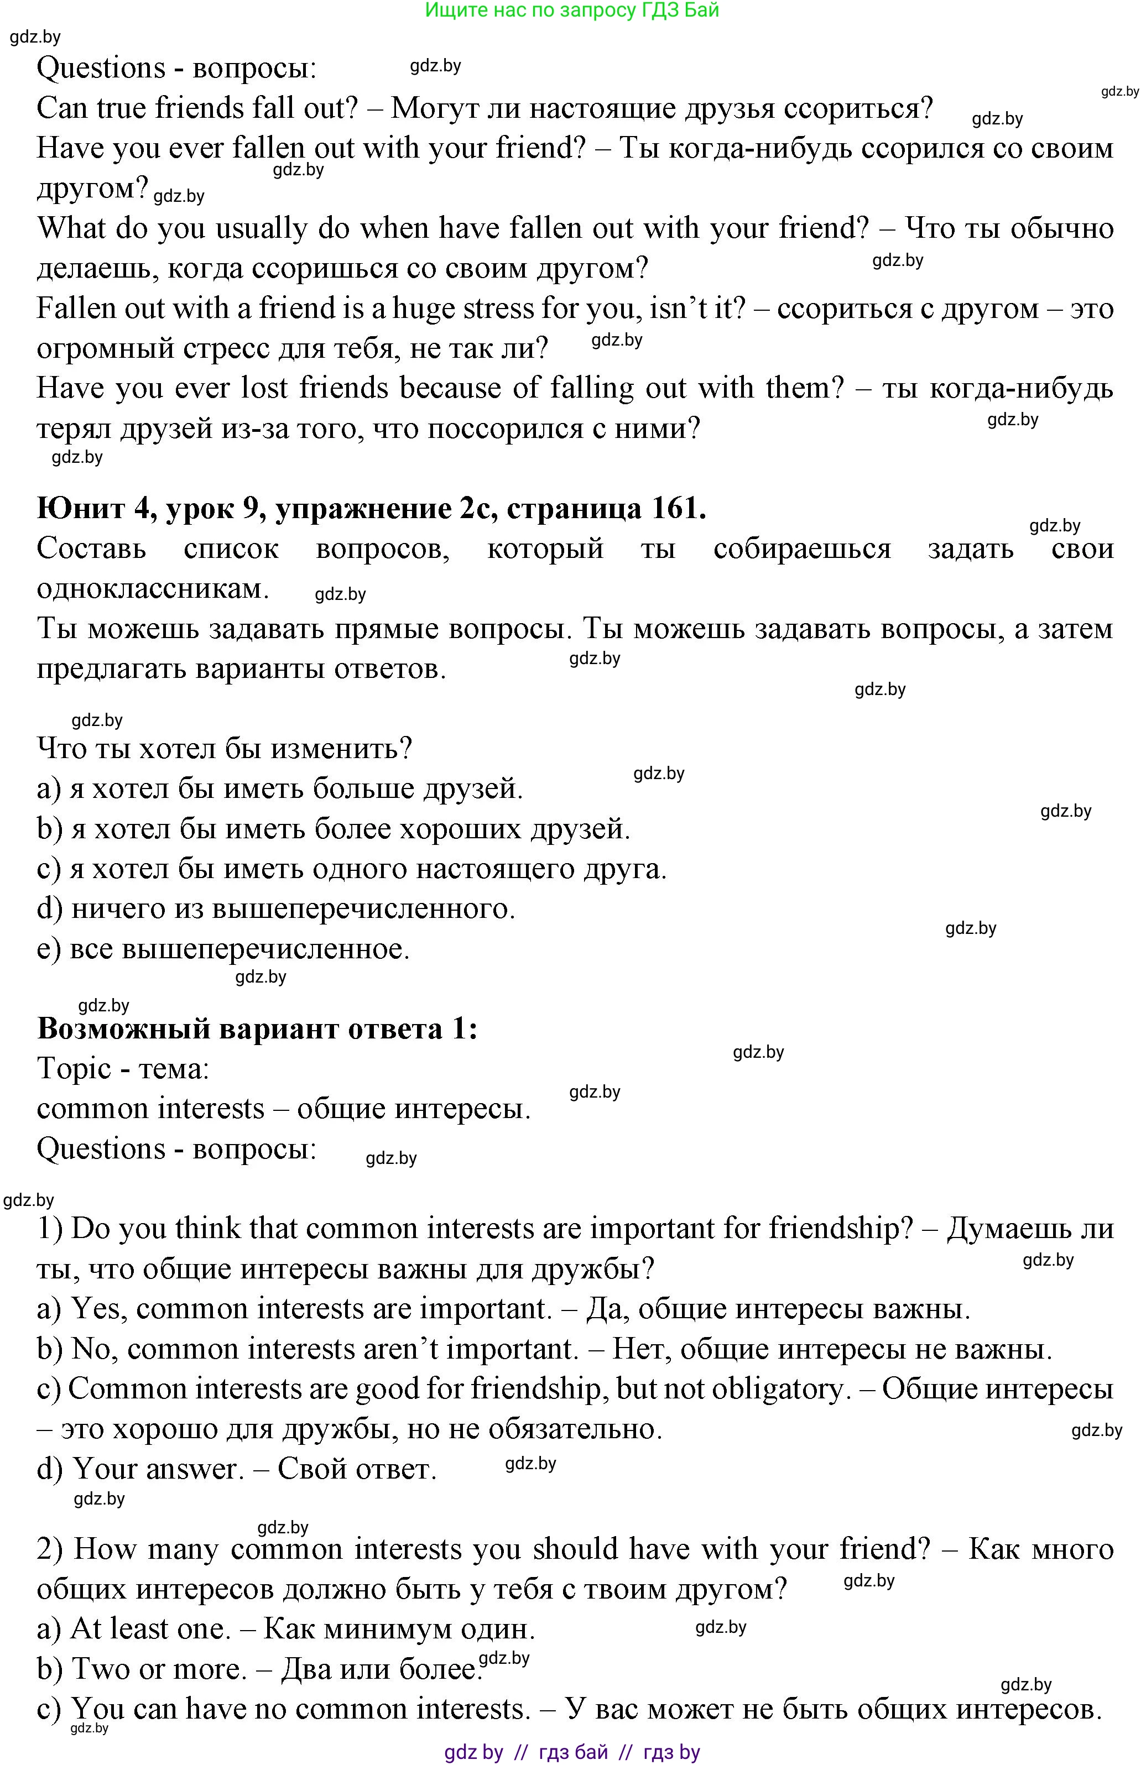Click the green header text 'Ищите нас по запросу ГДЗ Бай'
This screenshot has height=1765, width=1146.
point(572,11)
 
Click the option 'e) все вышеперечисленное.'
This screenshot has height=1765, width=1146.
point(222,948)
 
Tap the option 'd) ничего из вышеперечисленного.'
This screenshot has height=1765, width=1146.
point(276,908)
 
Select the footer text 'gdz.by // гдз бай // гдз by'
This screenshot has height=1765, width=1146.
point(572,1752)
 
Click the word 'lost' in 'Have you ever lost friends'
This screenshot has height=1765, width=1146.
point(265,388)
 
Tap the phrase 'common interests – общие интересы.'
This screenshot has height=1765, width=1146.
point(283,1109)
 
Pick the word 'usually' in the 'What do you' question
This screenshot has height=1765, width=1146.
point(261,228)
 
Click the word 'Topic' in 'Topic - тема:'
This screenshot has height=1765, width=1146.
point(74,1069)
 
